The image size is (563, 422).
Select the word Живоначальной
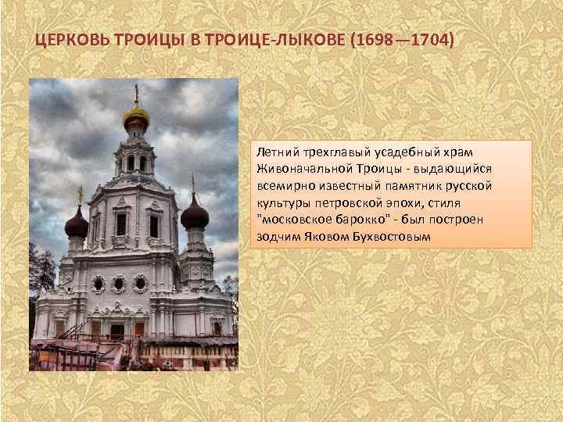coord(300,169)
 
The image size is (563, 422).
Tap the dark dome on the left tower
coord(77,225)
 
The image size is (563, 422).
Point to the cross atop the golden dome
coord(135,92)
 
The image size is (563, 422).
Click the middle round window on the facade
coord(119,283)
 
